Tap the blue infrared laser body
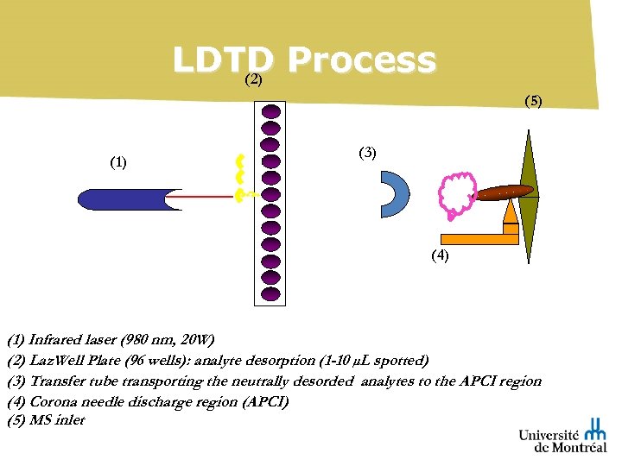121,198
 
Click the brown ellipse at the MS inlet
505,192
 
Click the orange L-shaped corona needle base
475,238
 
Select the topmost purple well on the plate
270,111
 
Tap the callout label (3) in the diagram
367,153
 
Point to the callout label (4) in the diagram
440,255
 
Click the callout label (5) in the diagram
533,101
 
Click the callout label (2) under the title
253,80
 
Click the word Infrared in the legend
56,337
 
